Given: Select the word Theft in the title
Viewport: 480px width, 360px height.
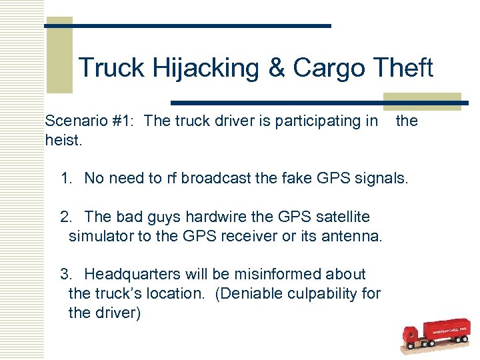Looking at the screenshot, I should (403, 67).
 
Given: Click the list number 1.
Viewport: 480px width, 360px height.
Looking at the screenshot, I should (65, 178).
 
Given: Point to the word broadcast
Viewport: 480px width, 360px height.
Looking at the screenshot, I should (212, 178).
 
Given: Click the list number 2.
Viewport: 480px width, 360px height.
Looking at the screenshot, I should (65, 217).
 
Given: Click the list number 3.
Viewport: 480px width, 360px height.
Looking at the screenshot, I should (65, 274).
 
